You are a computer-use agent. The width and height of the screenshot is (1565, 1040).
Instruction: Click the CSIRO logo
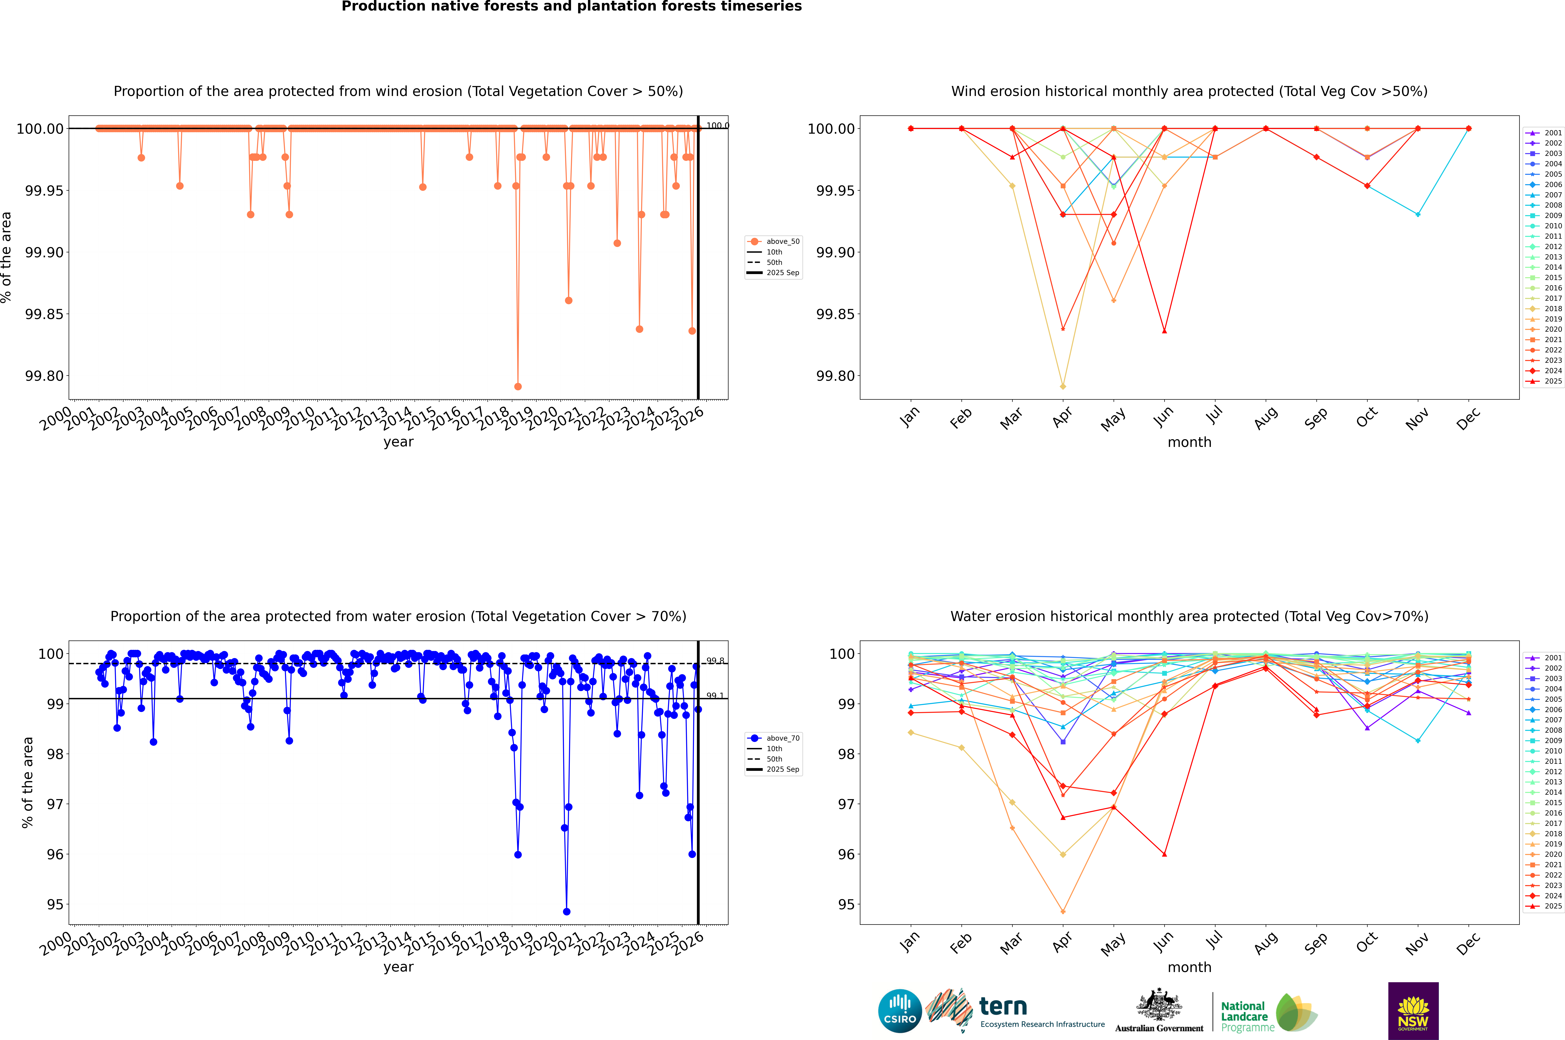(x=900, y=1011)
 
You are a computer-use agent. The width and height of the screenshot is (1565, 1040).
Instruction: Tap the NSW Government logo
(x=1413, y=1011)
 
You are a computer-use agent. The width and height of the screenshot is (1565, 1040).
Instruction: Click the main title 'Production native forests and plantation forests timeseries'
(x=571, y=7)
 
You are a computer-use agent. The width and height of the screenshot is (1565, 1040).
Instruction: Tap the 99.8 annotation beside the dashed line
(x=715, y=661)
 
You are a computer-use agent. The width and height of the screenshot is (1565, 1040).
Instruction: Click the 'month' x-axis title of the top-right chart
(x=1189, y=442)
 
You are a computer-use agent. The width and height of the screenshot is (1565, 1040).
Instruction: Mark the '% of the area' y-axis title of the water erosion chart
(x=27, y=783)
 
